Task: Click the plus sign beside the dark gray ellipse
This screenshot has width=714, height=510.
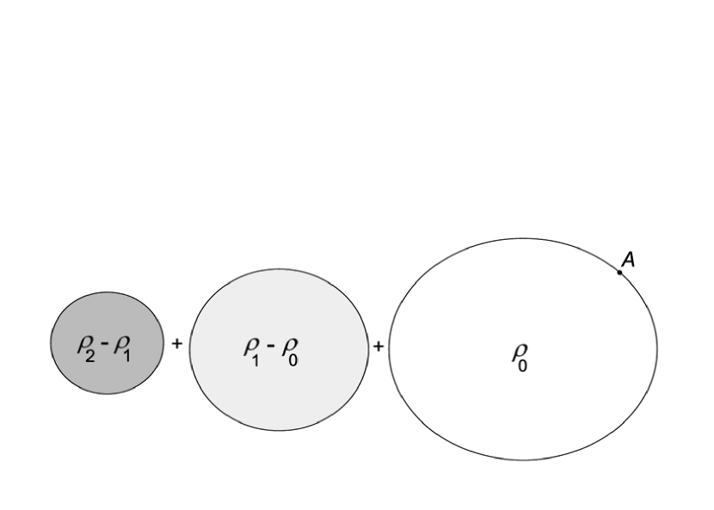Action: [x=177, y=344]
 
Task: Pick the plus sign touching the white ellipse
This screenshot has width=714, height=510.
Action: [x=378, y=345]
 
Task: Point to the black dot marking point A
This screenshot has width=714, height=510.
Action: [x=619, y=273]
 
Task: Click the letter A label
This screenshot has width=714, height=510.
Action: [x=628, y=259]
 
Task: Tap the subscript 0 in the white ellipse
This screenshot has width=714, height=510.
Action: [x=523, y=365]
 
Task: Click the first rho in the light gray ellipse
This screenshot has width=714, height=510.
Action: [x=250, y=345]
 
